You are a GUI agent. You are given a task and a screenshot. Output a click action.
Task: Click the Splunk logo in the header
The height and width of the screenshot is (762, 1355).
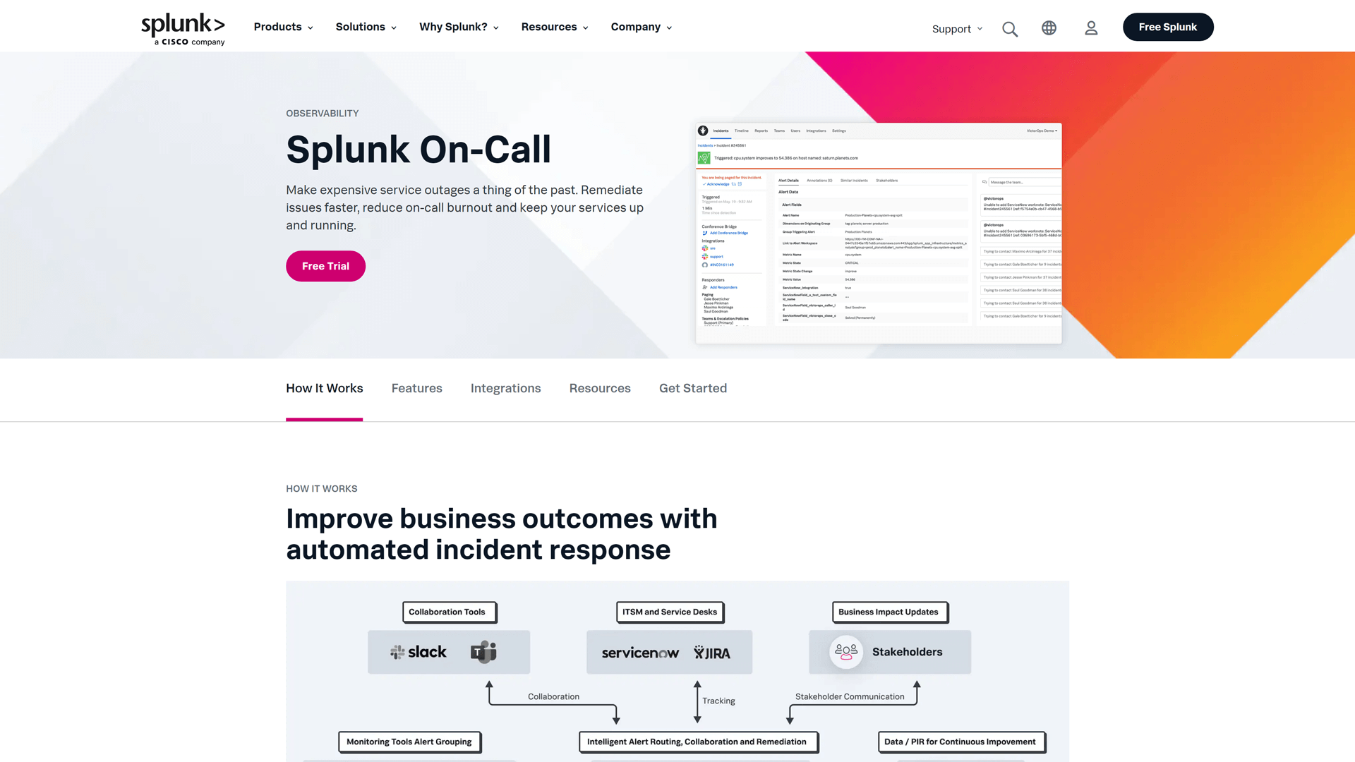pos(183,28)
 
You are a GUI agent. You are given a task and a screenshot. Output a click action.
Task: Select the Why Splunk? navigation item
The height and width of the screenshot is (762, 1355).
pos(459,27)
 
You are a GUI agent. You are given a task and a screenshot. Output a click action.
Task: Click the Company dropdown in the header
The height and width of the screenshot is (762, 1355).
pos(641,27)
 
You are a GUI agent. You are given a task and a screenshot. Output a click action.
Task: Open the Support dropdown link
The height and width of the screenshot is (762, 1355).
pos(956,29)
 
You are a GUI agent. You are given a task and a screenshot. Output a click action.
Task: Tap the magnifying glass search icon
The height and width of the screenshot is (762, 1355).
pos(1010,29)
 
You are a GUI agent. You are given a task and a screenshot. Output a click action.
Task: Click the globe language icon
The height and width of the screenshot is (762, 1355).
pos(1049,28)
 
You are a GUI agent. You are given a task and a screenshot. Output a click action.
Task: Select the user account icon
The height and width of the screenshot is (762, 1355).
pos(1091,28)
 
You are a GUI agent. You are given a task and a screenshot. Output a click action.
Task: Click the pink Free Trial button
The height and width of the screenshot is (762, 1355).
pos(325,266)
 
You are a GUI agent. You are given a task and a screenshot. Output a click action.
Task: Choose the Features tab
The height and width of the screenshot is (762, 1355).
pos(416,388)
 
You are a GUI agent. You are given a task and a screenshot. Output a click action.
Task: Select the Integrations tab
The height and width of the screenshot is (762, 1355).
pos(505,388)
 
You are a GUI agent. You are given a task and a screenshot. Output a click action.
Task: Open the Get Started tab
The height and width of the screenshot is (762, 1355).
pos(692,388)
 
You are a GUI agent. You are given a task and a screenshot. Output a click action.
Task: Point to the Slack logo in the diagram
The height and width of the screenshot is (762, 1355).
pos(418,652)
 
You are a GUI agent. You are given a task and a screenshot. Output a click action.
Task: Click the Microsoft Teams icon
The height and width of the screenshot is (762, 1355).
pos(483,652)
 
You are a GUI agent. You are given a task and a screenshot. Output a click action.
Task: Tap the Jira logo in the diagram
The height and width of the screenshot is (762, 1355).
pos(711,653)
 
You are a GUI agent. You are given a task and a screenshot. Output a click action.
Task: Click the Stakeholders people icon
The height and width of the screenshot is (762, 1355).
pos(845,652)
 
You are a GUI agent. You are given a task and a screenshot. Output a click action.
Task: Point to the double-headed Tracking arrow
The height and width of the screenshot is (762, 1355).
pos(697,701)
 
